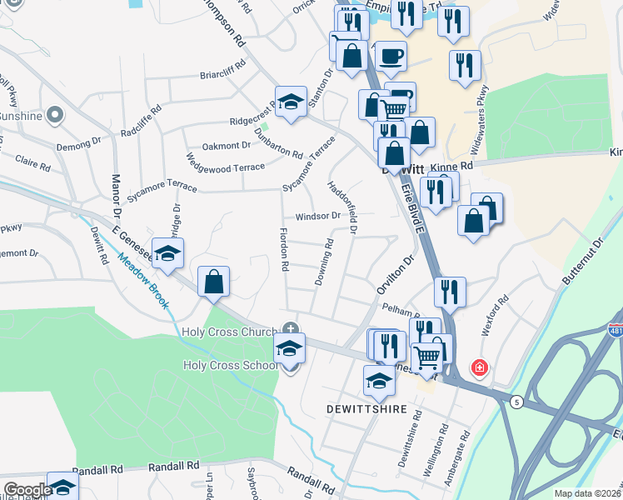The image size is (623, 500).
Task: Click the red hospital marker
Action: (479, 367)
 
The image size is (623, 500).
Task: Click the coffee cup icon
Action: (391, 57)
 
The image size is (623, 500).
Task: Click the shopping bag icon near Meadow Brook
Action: (214, 282)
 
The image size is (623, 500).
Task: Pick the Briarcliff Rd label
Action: (222, 69)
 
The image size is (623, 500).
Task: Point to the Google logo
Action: (27, 489)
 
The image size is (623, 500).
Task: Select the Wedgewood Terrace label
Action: (225, 164)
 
